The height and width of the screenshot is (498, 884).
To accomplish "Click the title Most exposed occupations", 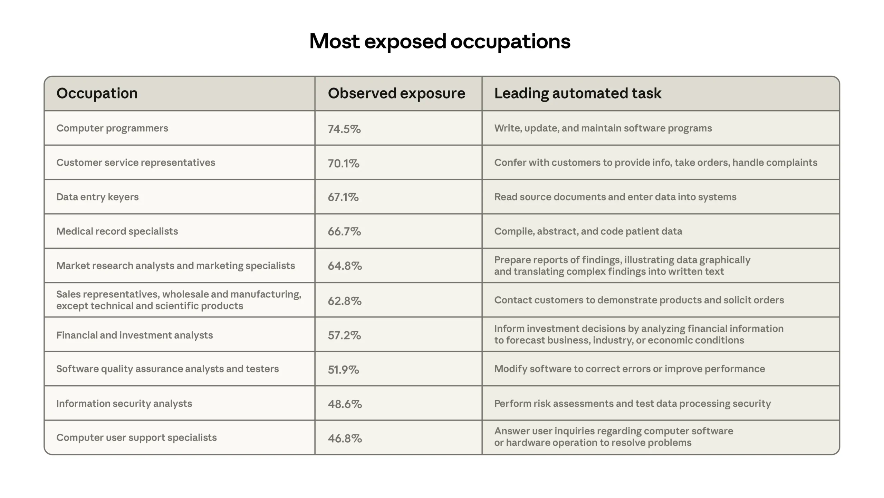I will pyautogui.click(x=440, y=41).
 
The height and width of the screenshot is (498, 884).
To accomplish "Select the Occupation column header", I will pyautogui.click(x=97, y=93).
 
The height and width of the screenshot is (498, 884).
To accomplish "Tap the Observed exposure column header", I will pyautogui.click(x=396, y=93).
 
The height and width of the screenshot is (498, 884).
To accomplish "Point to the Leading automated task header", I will pyautogui.click(x=578, y=93).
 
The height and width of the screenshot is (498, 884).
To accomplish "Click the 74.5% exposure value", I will pyautogui.click(x=344, y=129).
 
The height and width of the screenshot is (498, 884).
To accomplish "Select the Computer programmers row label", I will pyautogui.click(x=112, y=128).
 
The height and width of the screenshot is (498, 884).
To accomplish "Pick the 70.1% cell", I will pyautogui.click(x=344, y=163).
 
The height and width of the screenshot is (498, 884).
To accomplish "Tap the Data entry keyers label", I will pyautogui.click(x=97, y=197).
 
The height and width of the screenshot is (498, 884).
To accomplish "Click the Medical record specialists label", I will pyautogui.click(x=117, y=231).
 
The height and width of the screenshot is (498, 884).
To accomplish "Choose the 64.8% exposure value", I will pyautogui.click(x=345, y=266).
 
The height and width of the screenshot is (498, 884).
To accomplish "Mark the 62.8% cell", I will pyautogui.click(x=345, y=301).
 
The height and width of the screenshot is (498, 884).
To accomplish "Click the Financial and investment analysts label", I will pyautogui.click(x=134, y=335).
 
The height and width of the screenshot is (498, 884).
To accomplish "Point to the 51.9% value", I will pyautogui.click(x=343, y=370).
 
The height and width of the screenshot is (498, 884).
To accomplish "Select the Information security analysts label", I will pyautogui.click(x=124, y=404).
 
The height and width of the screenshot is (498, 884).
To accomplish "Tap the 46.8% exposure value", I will pyautogui.click(x=345, y=439).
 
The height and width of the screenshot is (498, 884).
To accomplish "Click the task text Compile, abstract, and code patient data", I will pyautogui.click(x=588, y=231).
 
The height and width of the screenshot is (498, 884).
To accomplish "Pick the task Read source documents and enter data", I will pyautogui.click(x=615, y=197).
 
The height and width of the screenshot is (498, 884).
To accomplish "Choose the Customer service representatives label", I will pyautogui.click(x=136, y=163).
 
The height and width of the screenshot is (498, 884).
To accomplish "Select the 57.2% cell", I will pyautogui.click(x=344, y=335).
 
